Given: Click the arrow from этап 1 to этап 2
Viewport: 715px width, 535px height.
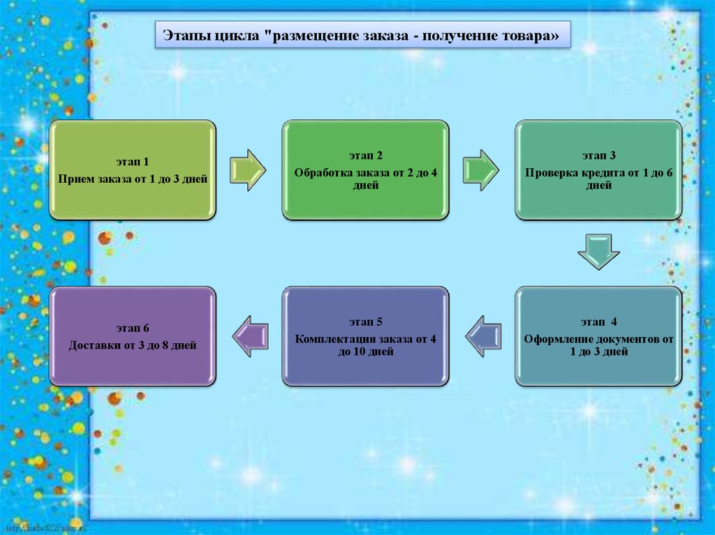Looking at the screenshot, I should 248,169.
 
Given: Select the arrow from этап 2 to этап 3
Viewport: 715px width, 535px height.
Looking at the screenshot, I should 481,169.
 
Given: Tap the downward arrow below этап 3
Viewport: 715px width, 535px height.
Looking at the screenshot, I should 598,252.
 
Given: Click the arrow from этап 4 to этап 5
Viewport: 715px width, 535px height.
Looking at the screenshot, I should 483,336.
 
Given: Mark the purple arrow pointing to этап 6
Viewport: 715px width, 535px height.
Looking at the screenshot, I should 250,336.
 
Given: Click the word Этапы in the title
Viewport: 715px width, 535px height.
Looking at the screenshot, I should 184,36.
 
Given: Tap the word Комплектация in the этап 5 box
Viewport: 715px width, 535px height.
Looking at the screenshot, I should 332,340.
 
